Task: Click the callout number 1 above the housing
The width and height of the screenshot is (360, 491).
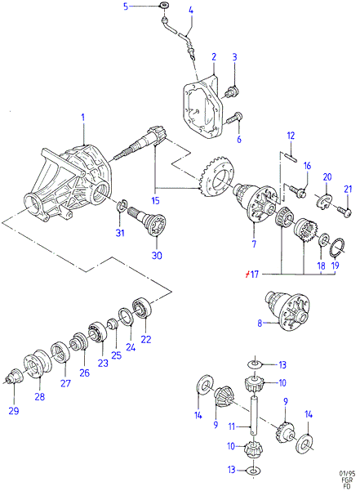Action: click(x=83, y=118)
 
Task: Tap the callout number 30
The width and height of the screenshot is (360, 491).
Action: click(x=157, y=256)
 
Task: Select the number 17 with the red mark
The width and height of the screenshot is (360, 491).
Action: click(x=251, y=275)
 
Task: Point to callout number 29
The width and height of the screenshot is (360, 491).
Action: click(x=14, y=411)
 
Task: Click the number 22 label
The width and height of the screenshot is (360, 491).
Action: click(x=146, y=339)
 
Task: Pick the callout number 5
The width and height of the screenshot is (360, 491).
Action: click(x=126, y=7)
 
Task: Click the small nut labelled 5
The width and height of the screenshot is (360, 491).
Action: click(x=162, y=6)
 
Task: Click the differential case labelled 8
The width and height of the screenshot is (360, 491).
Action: click(x=288, y=310)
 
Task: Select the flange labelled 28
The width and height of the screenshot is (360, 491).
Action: click(x=38, y=364)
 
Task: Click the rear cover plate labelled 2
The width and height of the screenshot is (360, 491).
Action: click(x=202, y=105)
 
